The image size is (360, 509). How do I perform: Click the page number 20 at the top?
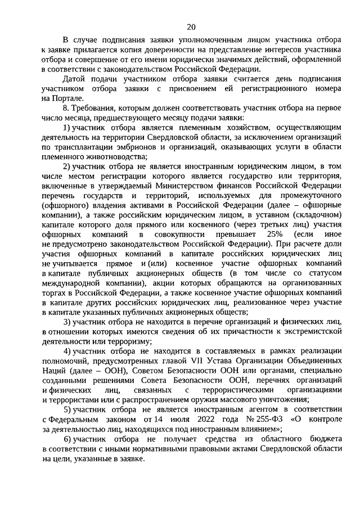(191, 26)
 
